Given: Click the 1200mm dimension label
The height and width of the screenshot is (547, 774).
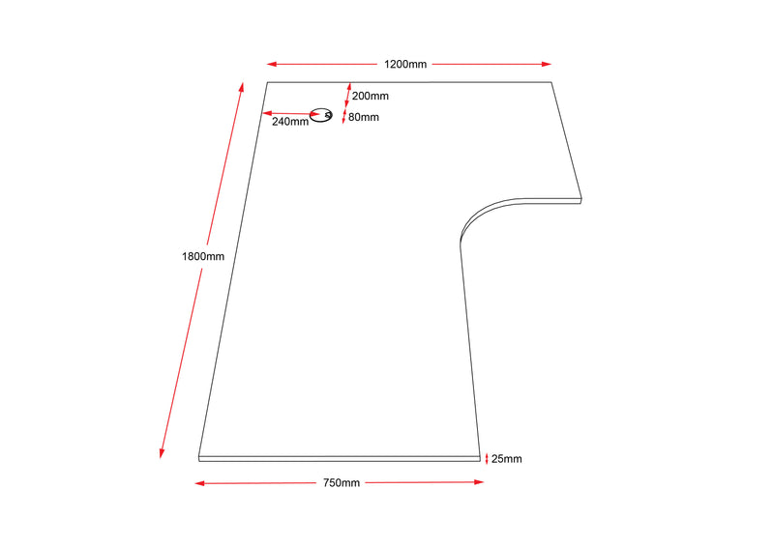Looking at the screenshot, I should pos(404,65).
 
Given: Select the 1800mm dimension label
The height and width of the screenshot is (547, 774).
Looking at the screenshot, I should pos(203,256).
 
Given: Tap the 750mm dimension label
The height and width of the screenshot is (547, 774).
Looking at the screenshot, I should pos(341,482).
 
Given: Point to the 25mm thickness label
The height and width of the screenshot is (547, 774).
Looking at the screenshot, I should pos(506,459).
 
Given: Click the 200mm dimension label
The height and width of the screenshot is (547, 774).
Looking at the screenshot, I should pos(370,96).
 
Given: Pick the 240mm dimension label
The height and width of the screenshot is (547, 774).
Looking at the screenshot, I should pos(290,122).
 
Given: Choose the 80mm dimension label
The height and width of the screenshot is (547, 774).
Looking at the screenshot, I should pos(363,118).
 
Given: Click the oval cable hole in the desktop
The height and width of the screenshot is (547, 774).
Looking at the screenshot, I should pos(321,116).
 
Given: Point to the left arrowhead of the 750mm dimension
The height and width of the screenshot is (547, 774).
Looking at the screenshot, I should pos(199,482).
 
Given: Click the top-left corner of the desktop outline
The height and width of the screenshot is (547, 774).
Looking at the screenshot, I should pos(267,83).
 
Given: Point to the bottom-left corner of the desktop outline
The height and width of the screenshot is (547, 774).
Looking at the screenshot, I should pos(199,455).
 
